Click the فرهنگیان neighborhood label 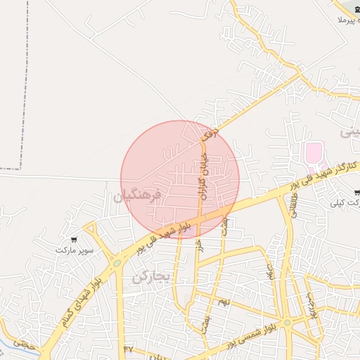138,195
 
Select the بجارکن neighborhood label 151,276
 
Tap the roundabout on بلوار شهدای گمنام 117,262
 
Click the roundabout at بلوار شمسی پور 287,323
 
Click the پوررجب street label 312,304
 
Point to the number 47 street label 128,349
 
